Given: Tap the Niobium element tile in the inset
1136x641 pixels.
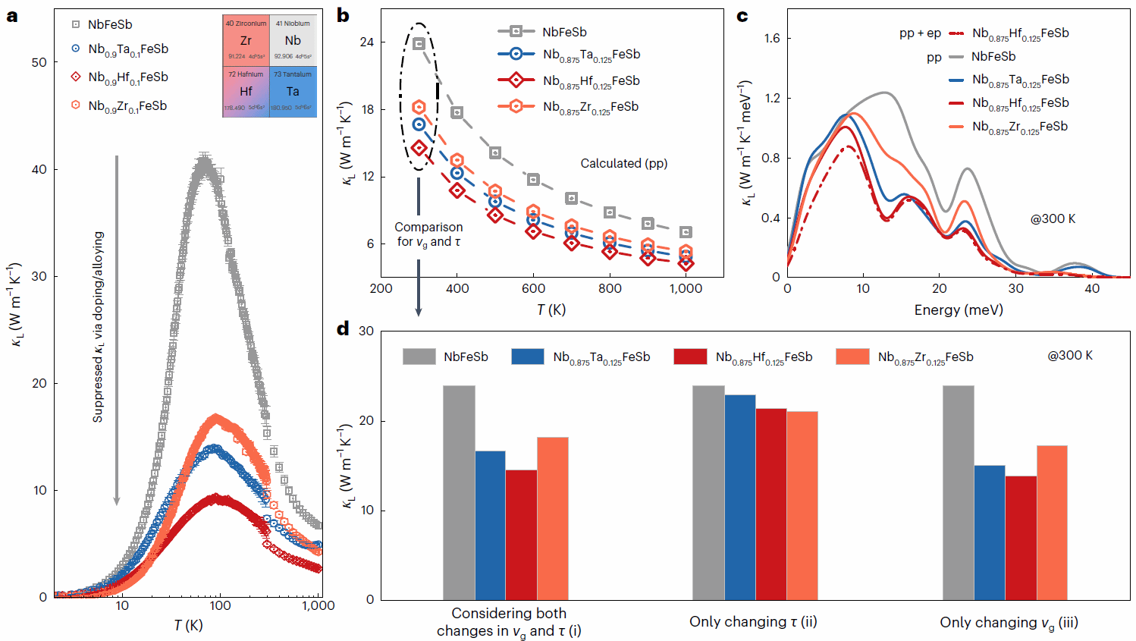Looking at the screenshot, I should point(293,40).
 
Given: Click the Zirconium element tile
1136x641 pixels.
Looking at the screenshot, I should point(246,40).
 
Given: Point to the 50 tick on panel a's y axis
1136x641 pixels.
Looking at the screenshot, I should point(39,62).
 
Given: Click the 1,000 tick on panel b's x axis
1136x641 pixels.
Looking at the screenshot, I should point(686,288).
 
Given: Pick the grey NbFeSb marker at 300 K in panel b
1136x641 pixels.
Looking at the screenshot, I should point(419,44).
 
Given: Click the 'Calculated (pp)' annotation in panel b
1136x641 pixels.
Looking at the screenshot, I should point(623,163).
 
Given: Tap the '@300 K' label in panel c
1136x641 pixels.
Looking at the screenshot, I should point(1053,218).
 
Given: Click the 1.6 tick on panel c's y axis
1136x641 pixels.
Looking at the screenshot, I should point(772,38).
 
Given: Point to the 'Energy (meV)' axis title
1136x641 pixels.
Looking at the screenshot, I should point(959,310).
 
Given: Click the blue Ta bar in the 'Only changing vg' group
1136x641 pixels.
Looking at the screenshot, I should point(990,532).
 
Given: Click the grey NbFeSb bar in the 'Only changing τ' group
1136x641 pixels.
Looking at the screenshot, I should point(708,492).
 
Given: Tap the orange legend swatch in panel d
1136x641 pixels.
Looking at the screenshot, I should point(852,357).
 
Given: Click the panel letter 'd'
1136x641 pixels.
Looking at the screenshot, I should point(344,328).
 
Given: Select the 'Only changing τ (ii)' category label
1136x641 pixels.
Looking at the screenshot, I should point(753,622).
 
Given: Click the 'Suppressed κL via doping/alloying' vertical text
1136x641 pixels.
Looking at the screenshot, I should point(98,327).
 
